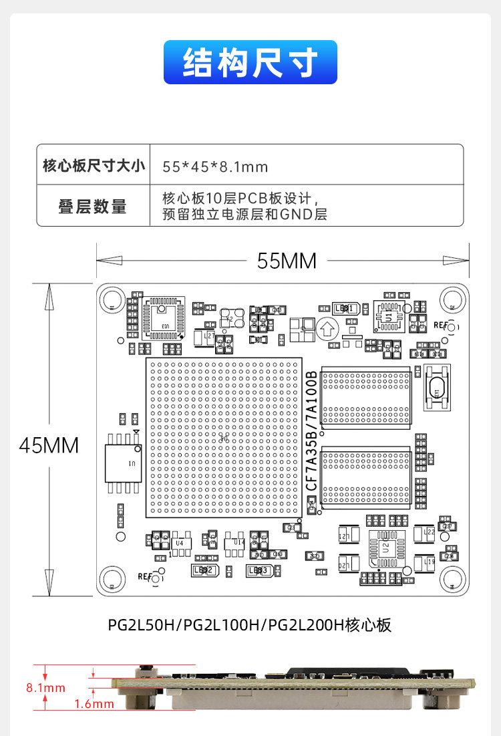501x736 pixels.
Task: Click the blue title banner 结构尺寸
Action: pos(250,62)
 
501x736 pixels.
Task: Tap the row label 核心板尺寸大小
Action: pos(94,165)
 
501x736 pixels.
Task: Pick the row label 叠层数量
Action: pos(92,207)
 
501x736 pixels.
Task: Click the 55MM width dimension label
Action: pos(287,261)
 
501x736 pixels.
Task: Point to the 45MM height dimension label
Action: pos(49,445)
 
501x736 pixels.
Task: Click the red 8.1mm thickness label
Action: pos(45,687)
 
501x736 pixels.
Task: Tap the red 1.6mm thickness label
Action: pos(94,703)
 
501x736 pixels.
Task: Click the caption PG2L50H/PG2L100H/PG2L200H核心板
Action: pos(249,626)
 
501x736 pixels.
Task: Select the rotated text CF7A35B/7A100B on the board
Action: pos(311,433)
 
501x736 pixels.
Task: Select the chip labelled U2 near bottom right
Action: pos(385,547)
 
